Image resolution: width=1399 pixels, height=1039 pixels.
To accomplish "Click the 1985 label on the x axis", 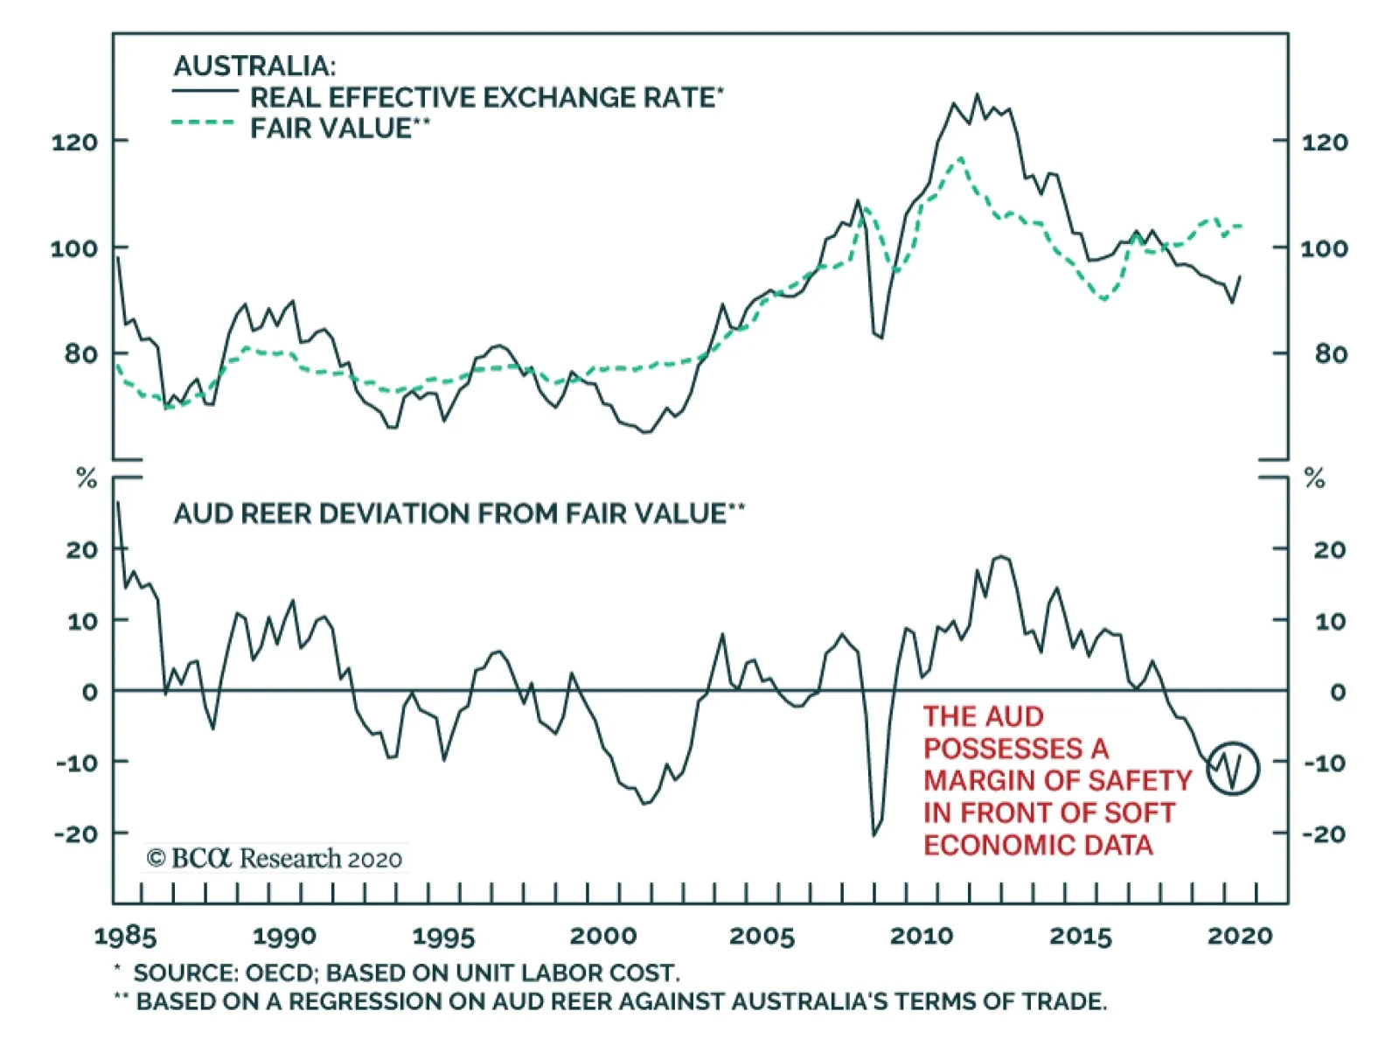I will click(x=125, y=936).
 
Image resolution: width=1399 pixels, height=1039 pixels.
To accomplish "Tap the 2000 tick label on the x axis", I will click(x=602, y=936).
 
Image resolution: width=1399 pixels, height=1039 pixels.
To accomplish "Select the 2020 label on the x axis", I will click(x=1239, y=936).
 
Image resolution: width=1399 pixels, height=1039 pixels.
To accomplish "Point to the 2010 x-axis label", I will click(x=921, y=936).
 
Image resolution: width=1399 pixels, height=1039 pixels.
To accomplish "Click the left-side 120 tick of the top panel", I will click(x=74, y=142).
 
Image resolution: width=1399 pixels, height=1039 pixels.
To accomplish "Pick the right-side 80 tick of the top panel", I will click(x=1330, y=354).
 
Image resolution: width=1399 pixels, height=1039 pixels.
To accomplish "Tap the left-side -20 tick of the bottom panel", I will click(x=76, y=833).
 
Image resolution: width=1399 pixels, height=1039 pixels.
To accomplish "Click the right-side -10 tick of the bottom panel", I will click(x=1325, y=763).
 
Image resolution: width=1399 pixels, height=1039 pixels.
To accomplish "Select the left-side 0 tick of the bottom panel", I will click(x=89, y=692).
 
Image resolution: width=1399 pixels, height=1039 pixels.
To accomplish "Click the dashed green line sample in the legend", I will click(x=204, y=123).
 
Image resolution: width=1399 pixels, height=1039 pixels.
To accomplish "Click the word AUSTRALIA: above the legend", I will click(x=254, y=66).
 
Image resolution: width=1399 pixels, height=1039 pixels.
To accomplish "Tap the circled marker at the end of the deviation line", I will click(x=1233, y=768).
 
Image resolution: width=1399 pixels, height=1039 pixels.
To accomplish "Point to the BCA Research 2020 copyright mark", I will click(x=274, y=858).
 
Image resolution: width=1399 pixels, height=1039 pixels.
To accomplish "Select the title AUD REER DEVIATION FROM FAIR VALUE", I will click(x=449, y=513).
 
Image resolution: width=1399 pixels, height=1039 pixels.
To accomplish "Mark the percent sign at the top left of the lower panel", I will click(x=87, y=478).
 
